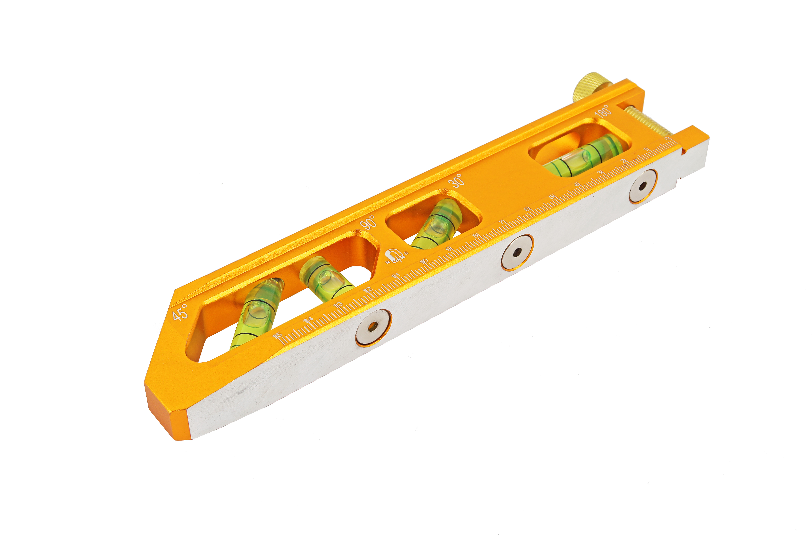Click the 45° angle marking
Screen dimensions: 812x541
[x=180, y=312]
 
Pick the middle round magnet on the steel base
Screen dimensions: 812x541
[x=517, y=253]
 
